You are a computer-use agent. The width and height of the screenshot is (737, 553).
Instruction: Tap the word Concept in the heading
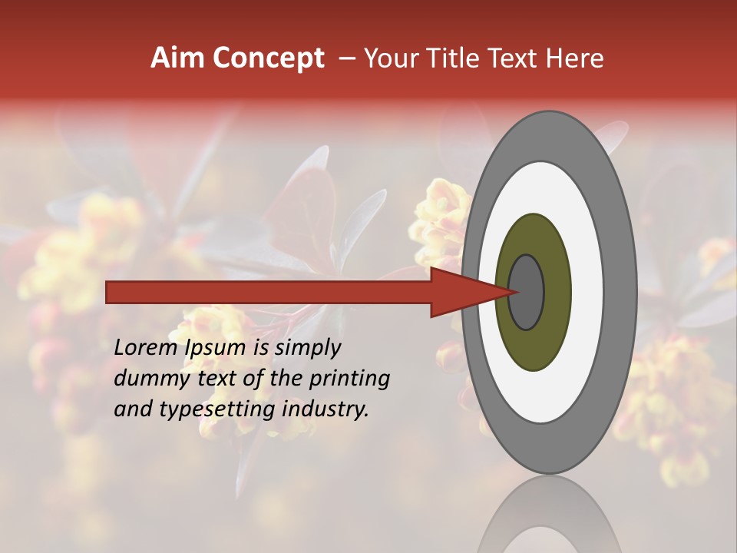click(269, 58)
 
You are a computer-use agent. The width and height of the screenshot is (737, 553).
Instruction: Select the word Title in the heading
click(454, 58)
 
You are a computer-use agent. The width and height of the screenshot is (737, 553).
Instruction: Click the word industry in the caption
click(326, 409)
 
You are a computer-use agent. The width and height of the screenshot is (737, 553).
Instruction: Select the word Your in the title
click(389, 58)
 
